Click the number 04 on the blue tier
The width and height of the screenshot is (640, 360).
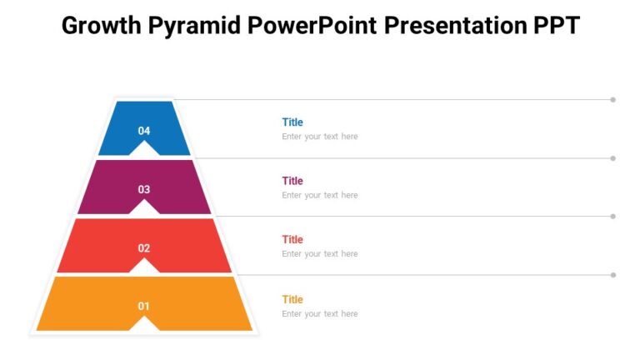pyautogui.click(x=144, y=131)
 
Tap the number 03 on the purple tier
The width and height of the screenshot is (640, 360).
pyautogui.click(x=144, y=189)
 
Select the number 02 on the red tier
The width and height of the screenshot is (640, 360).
pyautogui.click(x=144, y=248)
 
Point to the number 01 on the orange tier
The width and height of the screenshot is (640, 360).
pyautogui.click(x=144, y=307)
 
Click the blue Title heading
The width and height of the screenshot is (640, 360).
pyautogui.click(x=292, y=122)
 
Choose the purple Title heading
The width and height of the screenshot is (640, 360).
pyautogui.click(x=292, y=181)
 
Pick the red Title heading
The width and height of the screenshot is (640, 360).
pyautogui.click(x=292, y=240)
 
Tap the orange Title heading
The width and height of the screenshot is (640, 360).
pyautogui.click(x=292, y=299)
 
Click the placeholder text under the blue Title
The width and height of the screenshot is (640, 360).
pyautogui.click(x=319, y=137)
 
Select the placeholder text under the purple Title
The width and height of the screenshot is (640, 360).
pyautogui.click(x=319, y=195)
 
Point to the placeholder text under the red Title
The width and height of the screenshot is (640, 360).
pyautogui.click(x=319, y=254)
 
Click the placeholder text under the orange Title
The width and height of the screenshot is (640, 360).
pyautogui.click(x=319, y=314)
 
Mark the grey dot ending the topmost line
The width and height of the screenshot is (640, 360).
pyautogui.click(x=612, y=100)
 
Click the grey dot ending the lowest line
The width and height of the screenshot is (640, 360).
pyautogui.click(x=612, y=275)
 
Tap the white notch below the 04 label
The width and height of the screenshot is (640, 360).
pyautogui.click(x=144, y=150)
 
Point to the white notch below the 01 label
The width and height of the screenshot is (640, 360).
pyautogui.click(x=144, y=325)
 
